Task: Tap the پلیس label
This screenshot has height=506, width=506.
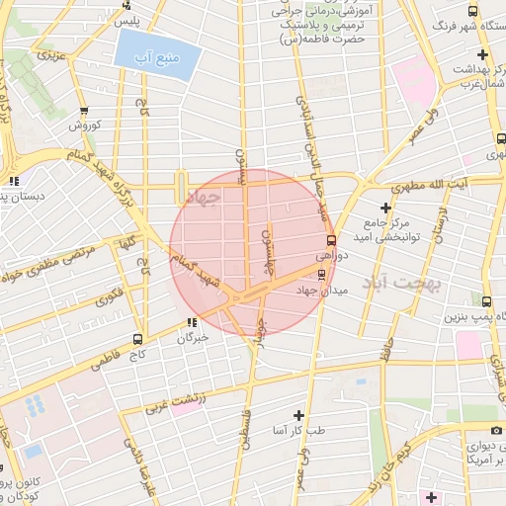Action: (x=126, y=20)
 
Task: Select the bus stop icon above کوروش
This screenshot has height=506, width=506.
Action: (x=84, y=111)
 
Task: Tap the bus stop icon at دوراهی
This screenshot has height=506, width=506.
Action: (x=330, y=239)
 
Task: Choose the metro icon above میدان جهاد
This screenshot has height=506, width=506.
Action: (x=321, y=274)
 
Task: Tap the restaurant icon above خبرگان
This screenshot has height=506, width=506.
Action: (x=192, y=322)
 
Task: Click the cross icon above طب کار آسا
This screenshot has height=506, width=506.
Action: (x=299, y=414)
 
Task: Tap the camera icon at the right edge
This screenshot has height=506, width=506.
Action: (x=497, y=430)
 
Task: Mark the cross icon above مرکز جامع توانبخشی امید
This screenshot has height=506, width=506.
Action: (x=384, y=208)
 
